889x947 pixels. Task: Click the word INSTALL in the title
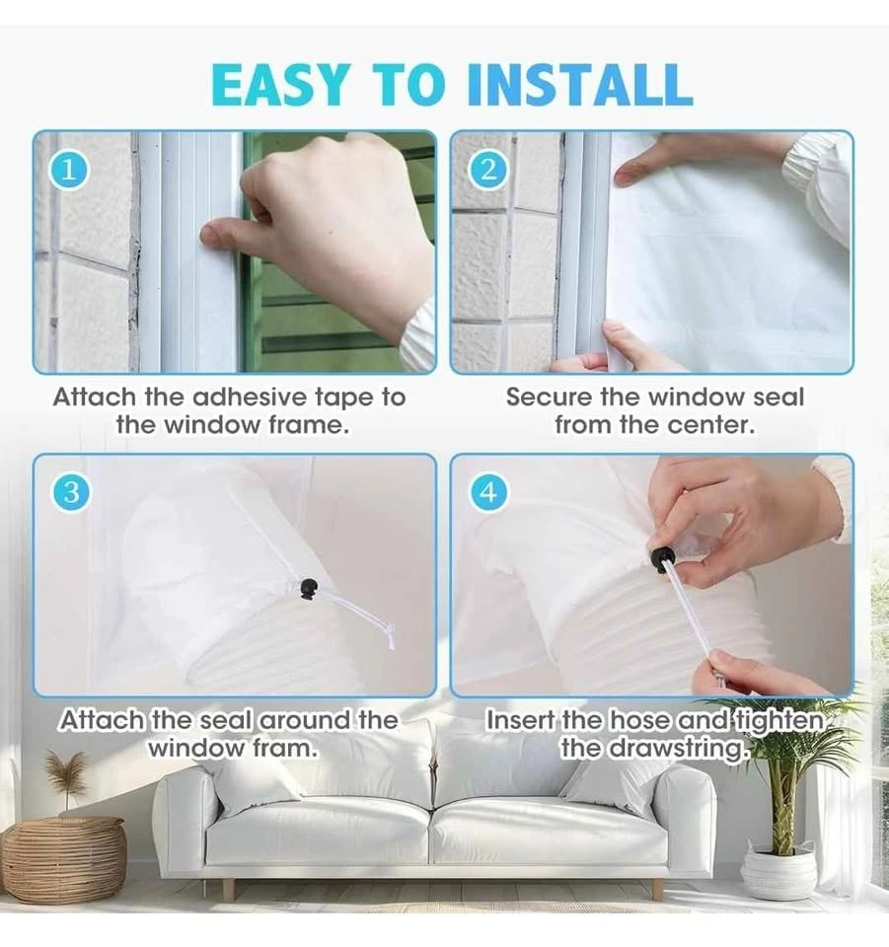(580, 84)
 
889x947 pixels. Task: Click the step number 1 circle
(70, 171)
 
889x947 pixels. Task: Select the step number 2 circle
(488, 171)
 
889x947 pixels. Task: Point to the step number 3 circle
(70, 493)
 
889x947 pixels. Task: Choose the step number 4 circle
(488, 493)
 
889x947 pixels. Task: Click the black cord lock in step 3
(309, 588)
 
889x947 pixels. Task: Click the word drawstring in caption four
(676, 749)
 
